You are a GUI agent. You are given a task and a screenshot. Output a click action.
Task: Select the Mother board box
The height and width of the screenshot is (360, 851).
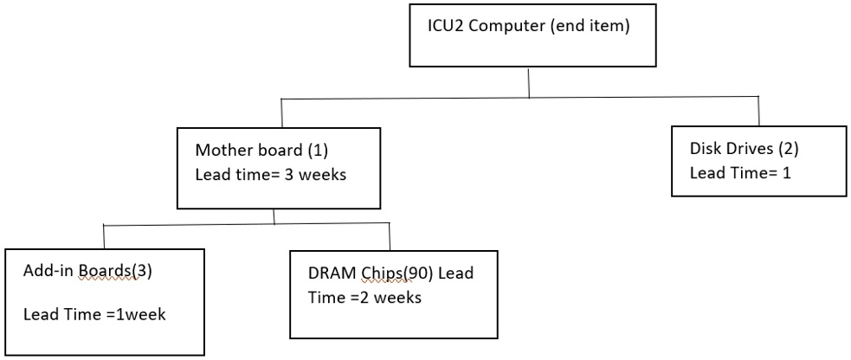pos(278,168)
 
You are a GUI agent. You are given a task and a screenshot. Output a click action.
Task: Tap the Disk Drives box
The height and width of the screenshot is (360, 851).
pos(758,161)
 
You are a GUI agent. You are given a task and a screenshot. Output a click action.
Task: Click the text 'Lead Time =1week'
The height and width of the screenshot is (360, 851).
pos(93,313)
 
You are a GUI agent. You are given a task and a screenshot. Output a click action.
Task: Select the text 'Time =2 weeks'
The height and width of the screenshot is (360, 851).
pos(364,297)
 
